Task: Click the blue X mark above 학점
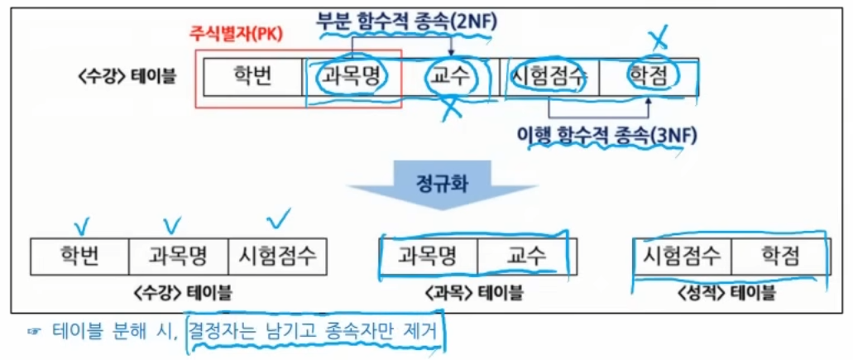(659, 36)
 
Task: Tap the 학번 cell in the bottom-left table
(80, 256)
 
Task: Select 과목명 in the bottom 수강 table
(178, 256)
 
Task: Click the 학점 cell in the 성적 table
(780, 256)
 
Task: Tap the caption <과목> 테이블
(477, 292)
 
